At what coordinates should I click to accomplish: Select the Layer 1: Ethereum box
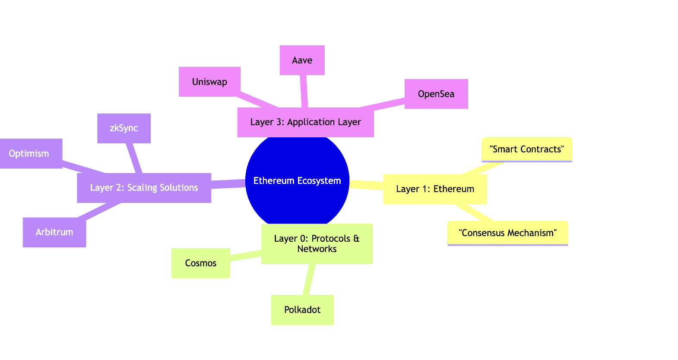click(435, 189)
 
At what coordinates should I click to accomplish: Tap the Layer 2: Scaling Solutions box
click(144, 188)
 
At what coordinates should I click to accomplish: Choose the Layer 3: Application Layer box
click(305, 122)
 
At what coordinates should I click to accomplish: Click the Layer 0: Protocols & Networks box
click(317, 243)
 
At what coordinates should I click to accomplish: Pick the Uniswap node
click(209, 82)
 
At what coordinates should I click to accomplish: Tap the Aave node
click(302, 60)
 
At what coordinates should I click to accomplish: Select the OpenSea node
click(436, 94)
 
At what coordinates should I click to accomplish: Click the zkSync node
click(124, 128)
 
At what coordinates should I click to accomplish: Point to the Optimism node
click(29, 154)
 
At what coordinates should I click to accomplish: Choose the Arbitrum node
click(54, 232)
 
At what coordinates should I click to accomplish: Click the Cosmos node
click(201, 263)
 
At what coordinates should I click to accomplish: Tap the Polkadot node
click(302, 310)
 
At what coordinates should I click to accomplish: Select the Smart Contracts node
click(526, 149)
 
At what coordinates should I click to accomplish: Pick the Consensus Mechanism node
click(507, 233)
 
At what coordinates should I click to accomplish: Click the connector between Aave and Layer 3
click(304, 91)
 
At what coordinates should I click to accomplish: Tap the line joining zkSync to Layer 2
click(134, 158)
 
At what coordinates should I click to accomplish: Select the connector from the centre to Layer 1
click(366, 184)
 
